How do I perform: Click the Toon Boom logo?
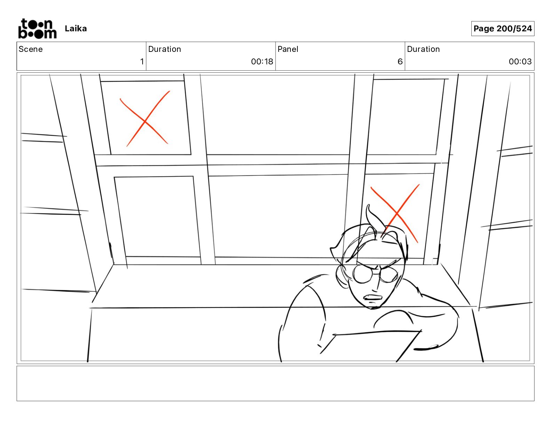pyautogui.click(x=38, y=29)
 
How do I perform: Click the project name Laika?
pyautogui.click(x=75, y=29)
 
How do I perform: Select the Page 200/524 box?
pyautogui.click(x=503, y=29)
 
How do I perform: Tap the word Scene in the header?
pyautogui.click(x=31, y=49)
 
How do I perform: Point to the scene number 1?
pyautogui.click(x=142, y=61)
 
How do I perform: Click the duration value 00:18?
pyautogui.click(x=262, y=61)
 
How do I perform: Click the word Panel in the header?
pyautogui.click(x=288, y=49)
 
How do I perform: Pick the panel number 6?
pyautogui.click(x=400, y=61)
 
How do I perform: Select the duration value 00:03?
pyautogui.click(x=520, y=61)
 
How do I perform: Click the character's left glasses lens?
pyautogui.click(x=362, y=274)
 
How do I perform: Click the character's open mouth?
pyautogui.click(x=373, y=297)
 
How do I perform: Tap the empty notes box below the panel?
pyautogui.click(x=275, y=384)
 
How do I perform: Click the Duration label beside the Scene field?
pyautogui.click(x=165, y=49)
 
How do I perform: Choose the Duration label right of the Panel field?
pyautogui.click(x=423, y=49)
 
